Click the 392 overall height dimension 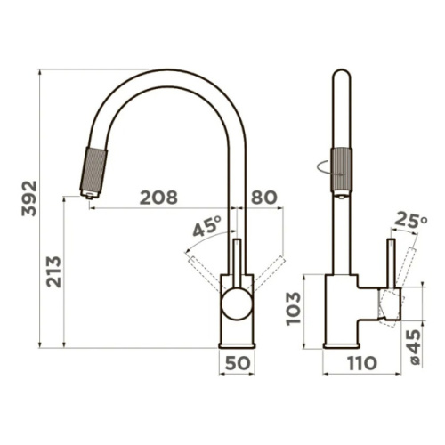29,198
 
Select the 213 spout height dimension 53,271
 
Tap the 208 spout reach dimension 158,198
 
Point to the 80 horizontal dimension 264,198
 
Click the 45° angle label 207,225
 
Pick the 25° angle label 411,220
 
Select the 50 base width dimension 238,363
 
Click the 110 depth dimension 362,363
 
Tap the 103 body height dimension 294,309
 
